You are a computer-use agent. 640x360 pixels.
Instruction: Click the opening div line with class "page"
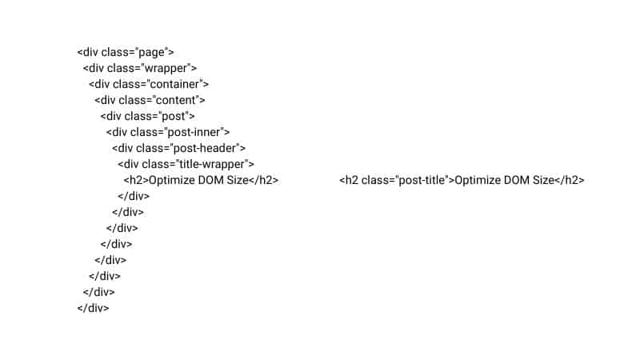point(126,53)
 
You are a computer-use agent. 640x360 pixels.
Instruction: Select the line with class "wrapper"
point(139,69)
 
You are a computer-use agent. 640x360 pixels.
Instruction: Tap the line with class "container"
point(149,84)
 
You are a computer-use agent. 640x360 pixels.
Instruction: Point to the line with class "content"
point(150,100)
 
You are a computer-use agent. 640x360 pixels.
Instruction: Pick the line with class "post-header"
point(178,148)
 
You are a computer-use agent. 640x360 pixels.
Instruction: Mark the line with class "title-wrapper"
point(186,164)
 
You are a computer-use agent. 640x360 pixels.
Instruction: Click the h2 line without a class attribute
point(201,180)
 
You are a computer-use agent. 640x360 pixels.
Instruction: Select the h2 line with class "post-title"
point(462,180)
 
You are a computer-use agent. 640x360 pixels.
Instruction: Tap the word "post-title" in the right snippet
point(421,180)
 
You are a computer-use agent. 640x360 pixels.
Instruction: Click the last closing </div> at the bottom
point(93,307)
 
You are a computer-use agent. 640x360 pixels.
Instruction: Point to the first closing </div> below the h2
point(134,196)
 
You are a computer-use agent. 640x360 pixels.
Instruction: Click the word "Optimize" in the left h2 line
point(172,180)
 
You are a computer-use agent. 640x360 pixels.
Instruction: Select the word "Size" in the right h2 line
point(542,180)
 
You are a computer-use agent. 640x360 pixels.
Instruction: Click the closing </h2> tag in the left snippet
point(264,180)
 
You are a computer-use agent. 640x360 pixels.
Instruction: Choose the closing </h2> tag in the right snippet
point(570,180)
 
